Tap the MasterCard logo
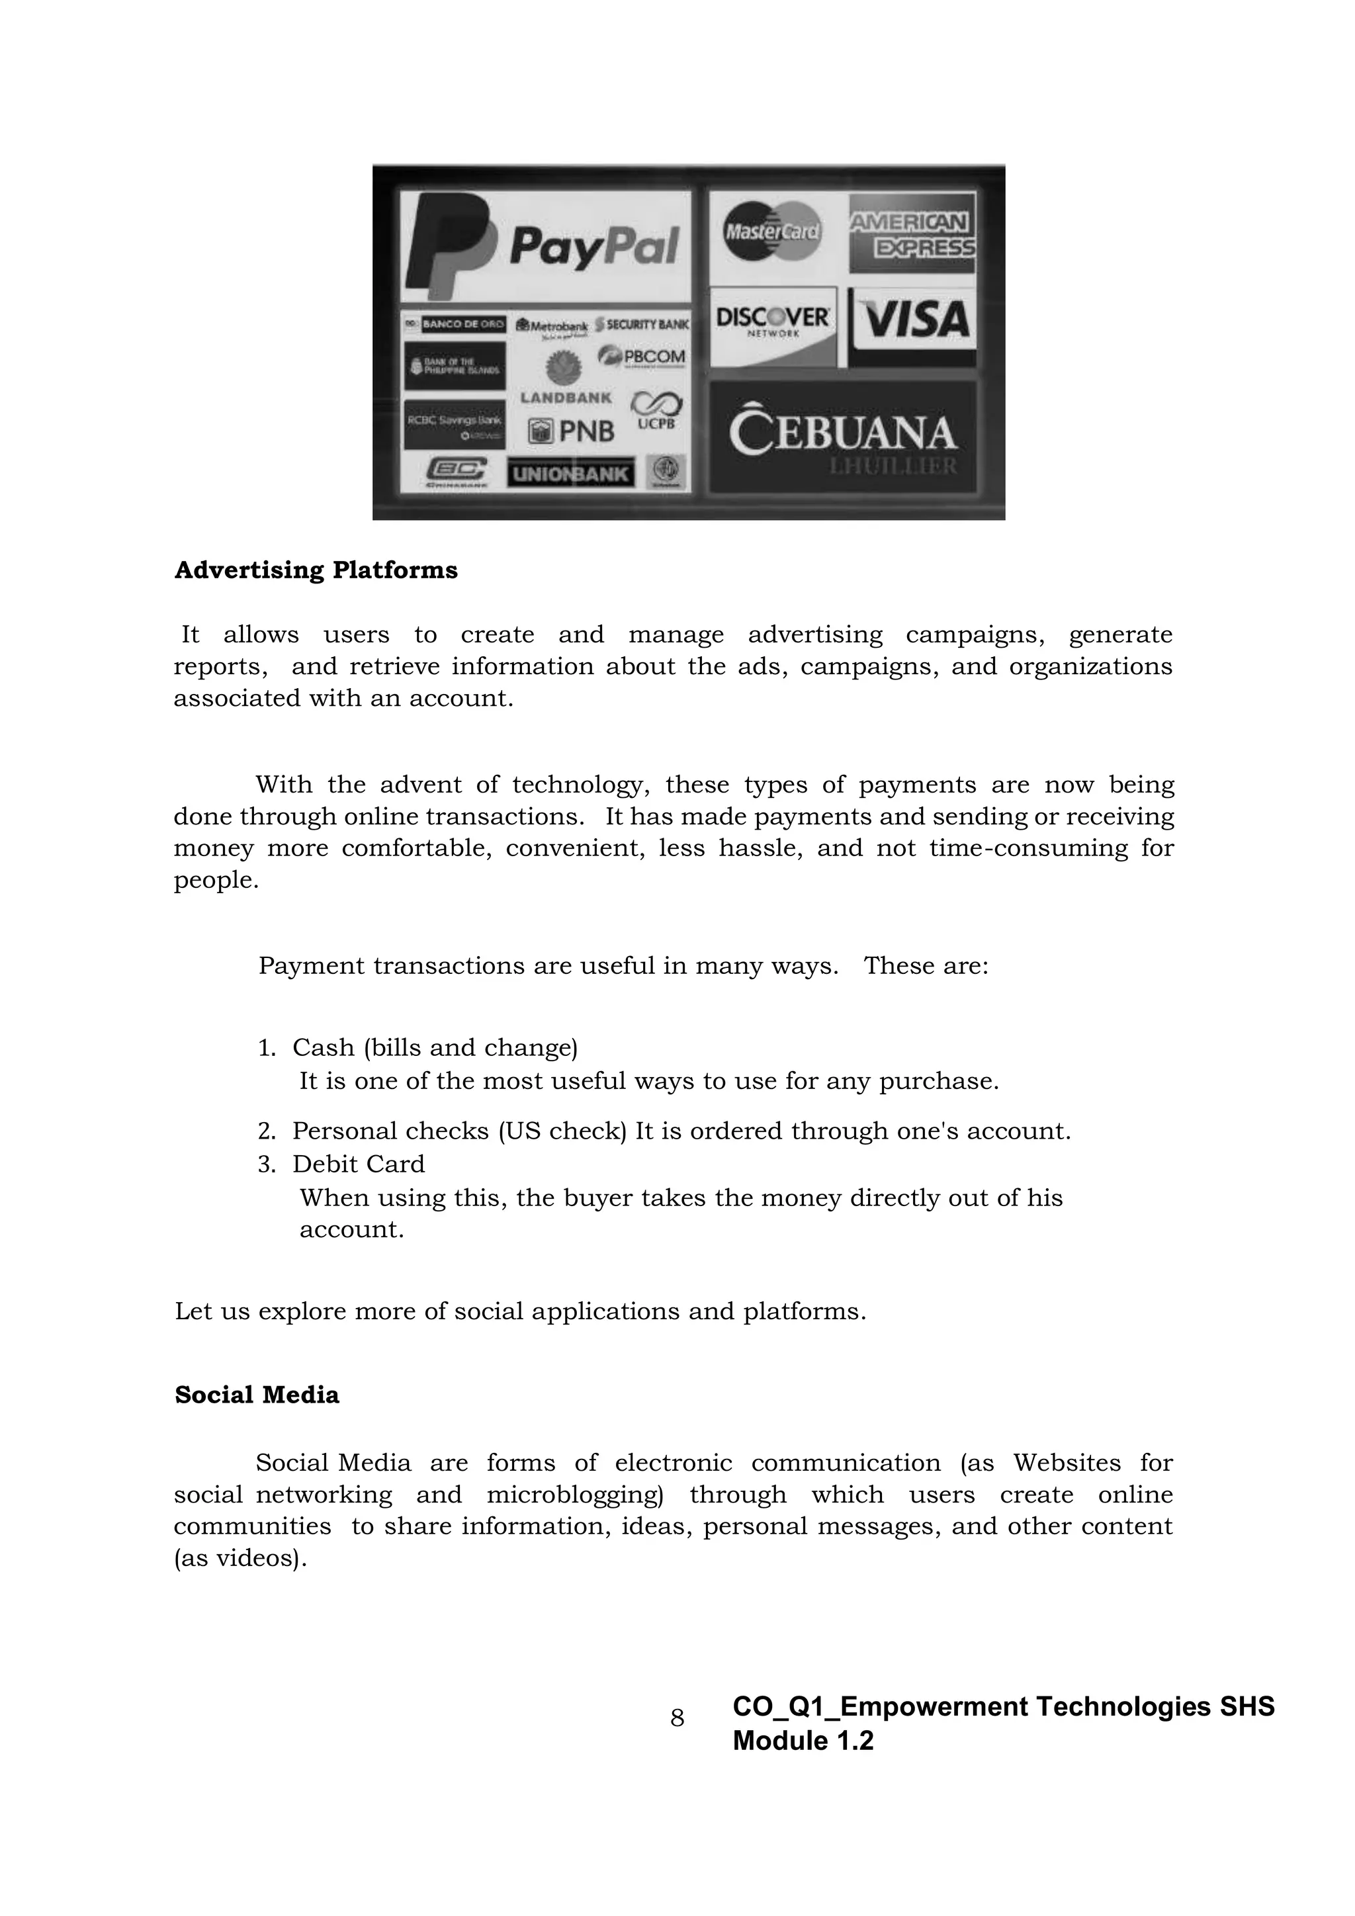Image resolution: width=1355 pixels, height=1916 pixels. pyautogui.click(x=772, y=231)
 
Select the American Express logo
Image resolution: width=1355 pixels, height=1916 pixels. pyautogui.click(x=912, y=234)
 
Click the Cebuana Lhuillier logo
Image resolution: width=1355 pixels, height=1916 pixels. pyautogui.click(x=842, y=437)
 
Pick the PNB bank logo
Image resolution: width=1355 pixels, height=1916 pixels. pyautogui.click(x=572, y=431)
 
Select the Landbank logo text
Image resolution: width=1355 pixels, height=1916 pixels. pyautogui.click(x=566, y=398)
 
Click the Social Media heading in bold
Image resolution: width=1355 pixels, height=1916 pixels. pyautogui.click(x=257, y=1395)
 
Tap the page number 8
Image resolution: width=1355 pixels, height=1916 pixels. pyautogui.click(x=677, y=1718)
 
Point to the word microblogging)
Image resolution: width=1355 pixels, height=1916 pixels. pyautogui.click(x=575, y=1495)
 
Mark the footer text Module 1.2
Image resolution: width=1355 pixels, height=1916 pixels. pyautogui.click(x=803, y=1741)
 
